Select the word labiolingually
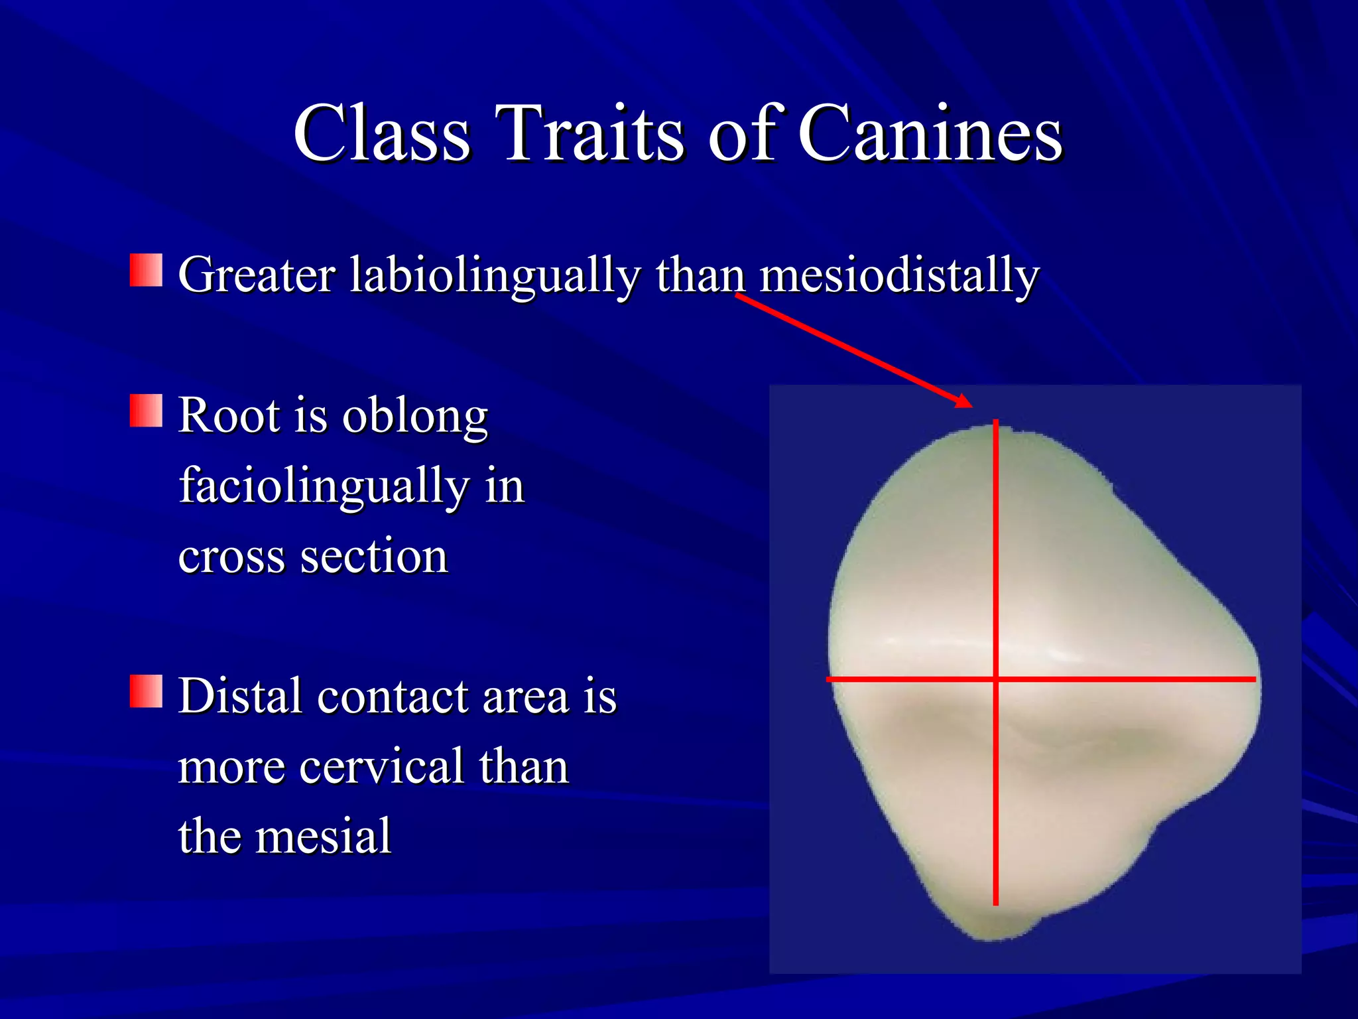coord(495,276)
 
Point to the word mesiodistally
coord(899,275)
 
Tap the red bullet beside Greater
coord(146,270)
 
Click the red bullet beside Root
coord(146,411)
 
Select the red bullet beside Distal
coord(146,692)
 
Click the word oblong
coord(415,417)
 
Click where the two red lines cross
coord(995,679)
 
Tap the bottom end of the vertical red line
coord(995,904)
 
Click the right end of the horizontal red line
coord(1254,679)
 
